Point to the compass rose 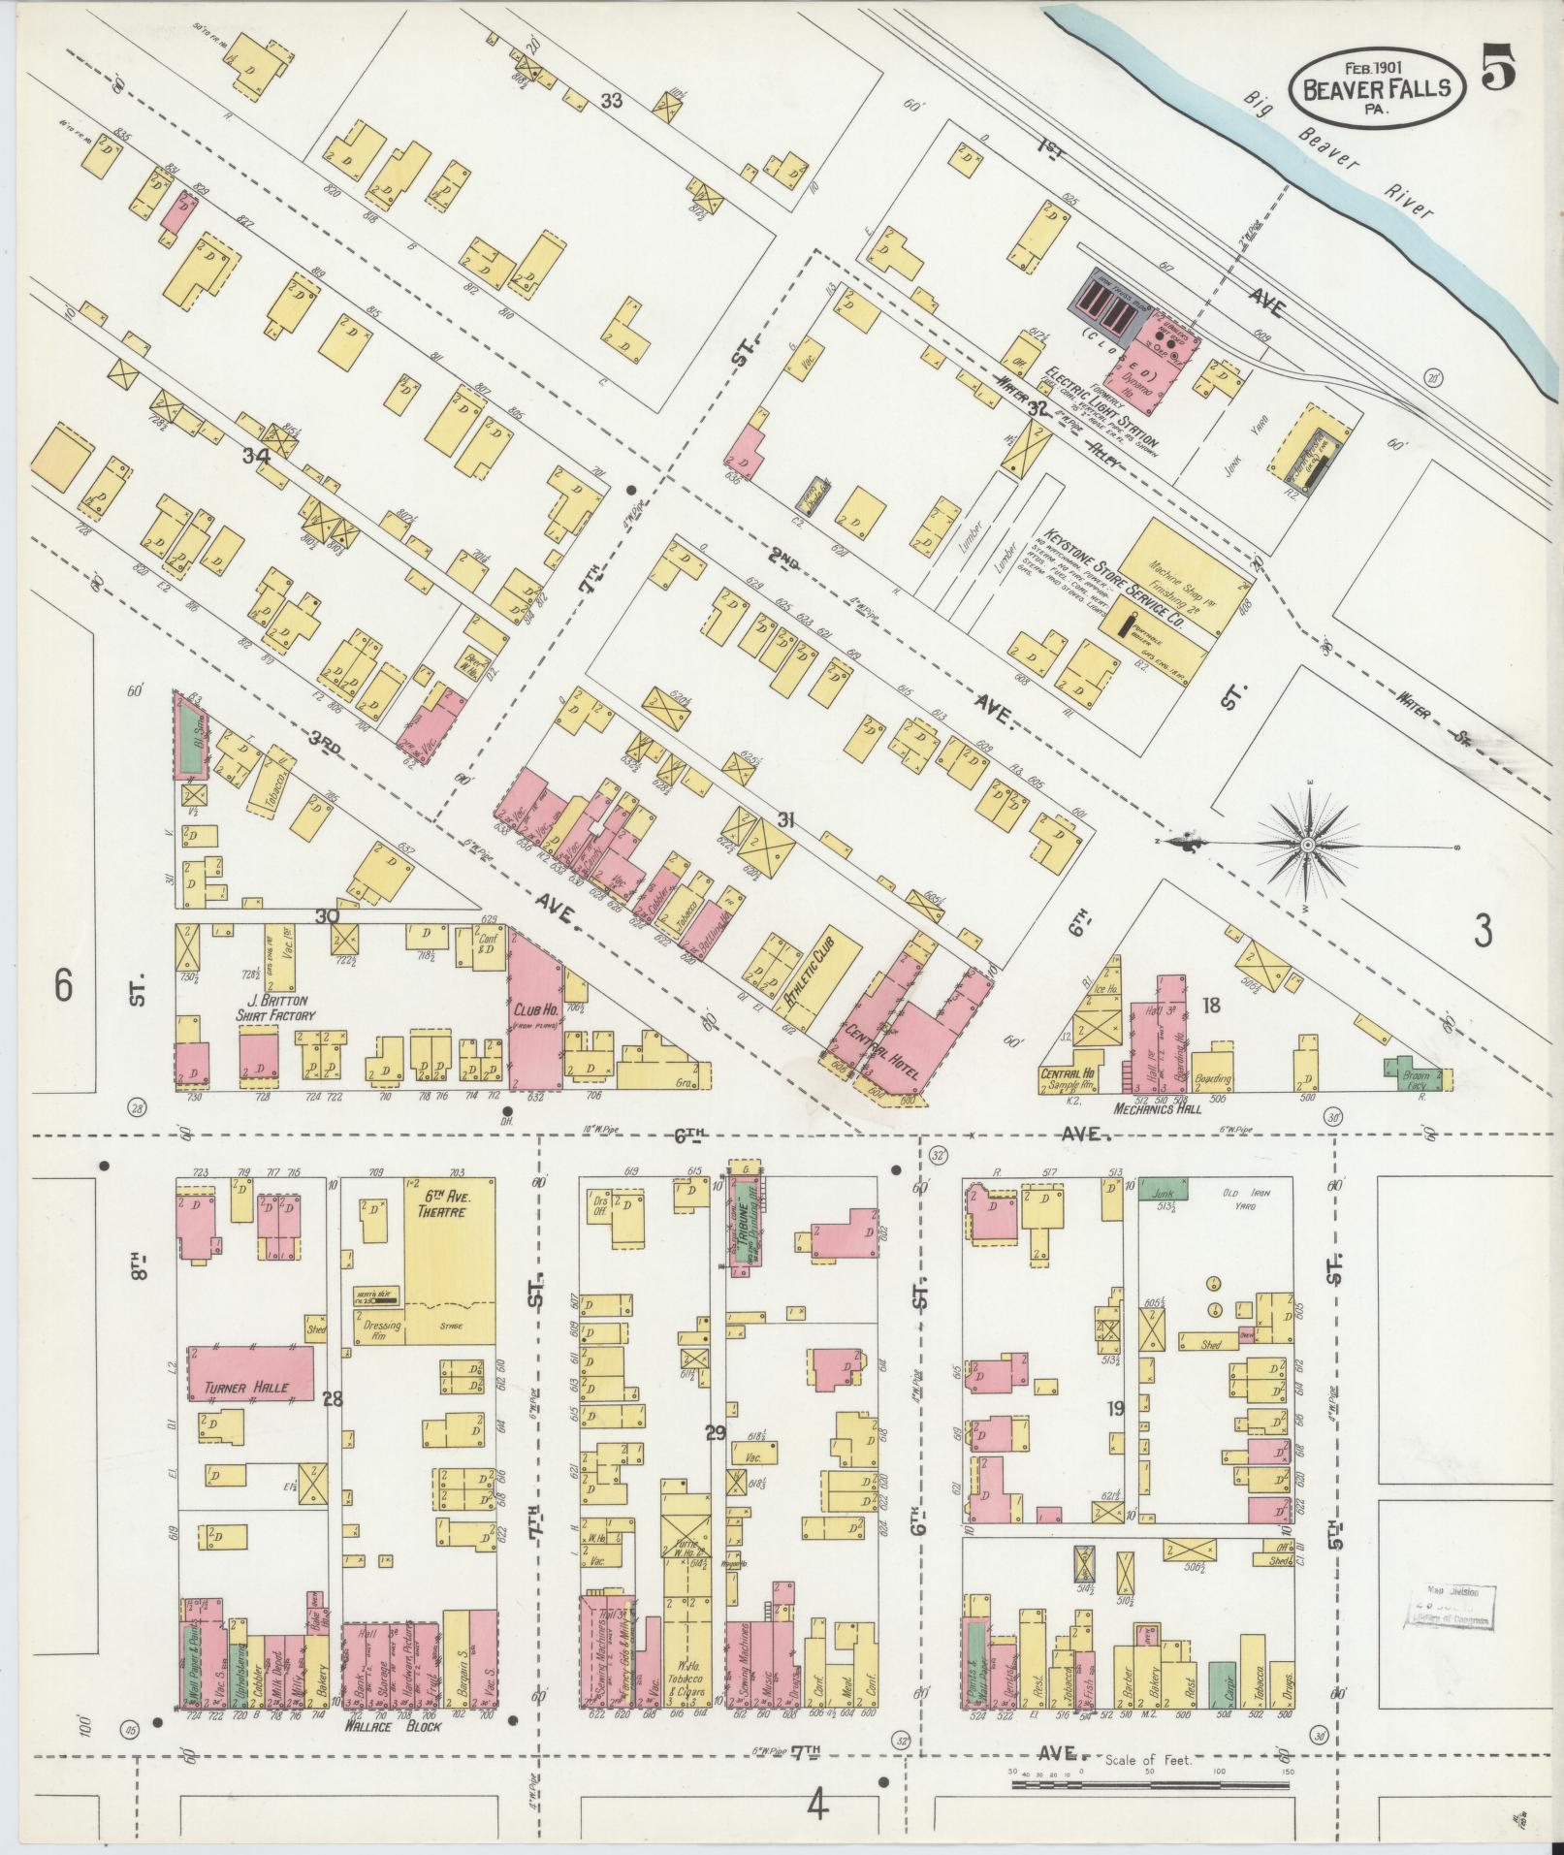pyautogui.click(x=1307, y=846)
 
